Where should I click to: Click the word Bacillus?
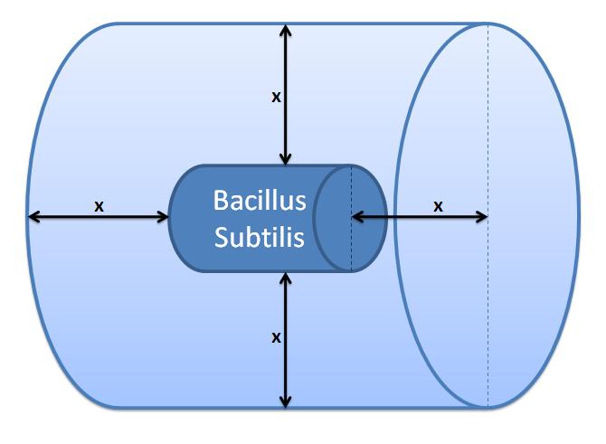coord(260,200)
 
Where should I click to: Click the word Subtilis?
coord(260,237)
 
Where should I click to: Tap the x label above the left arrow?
coord(99,205)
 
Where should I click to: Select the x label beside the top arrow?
coord(276,95)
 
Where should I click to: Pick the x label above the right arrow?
coord(438,205)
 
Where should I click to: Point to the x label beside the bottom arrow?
coord(276,336)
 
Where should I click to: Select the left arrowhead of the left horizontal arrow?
coord(33,217)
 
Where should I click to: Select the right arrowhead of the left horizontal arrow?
coord(164,217)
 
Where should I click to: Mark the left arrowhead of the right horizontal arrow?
coord(357,217)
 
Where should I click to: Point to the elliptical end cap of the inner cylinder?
coord(367,194)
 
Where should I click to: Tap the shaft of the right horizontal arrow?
coord(407,217)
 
